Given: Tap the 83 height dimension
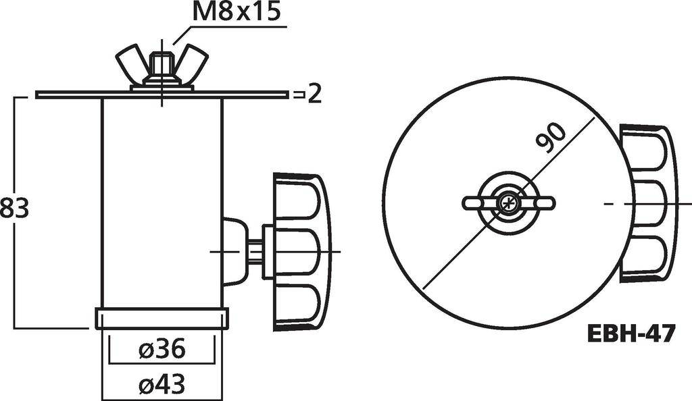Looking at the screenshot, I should pyautogui.click(x=14, y=209).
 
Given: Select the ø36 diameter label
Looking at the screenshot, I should pyautogui.click(x=162, y=350).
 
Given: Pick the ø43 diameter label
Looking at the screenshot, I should pyautogui.click(x=162, y=384).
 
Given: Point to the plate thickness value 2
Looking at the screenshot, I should pyautogui.click(x=314, y=95).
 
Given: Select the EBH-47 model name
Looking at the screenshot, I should pyautogui.click(x=630, y=333).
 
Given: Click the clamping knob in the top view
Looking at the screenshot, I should pyautogui.click(x=647, y=203).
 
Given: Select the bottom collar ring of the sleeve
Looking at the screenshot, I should pyautogui.click(x=162, y=318).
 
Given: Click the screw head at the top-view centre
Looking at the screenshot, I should pyautogui.click(x=508, y=203).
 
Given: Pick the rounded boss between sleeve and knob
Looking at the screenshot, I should pyautogui.click(x=234, y=250).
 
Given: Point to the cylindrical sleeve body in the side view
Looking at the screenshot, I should pyautogui.click(x=162, y=203).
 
